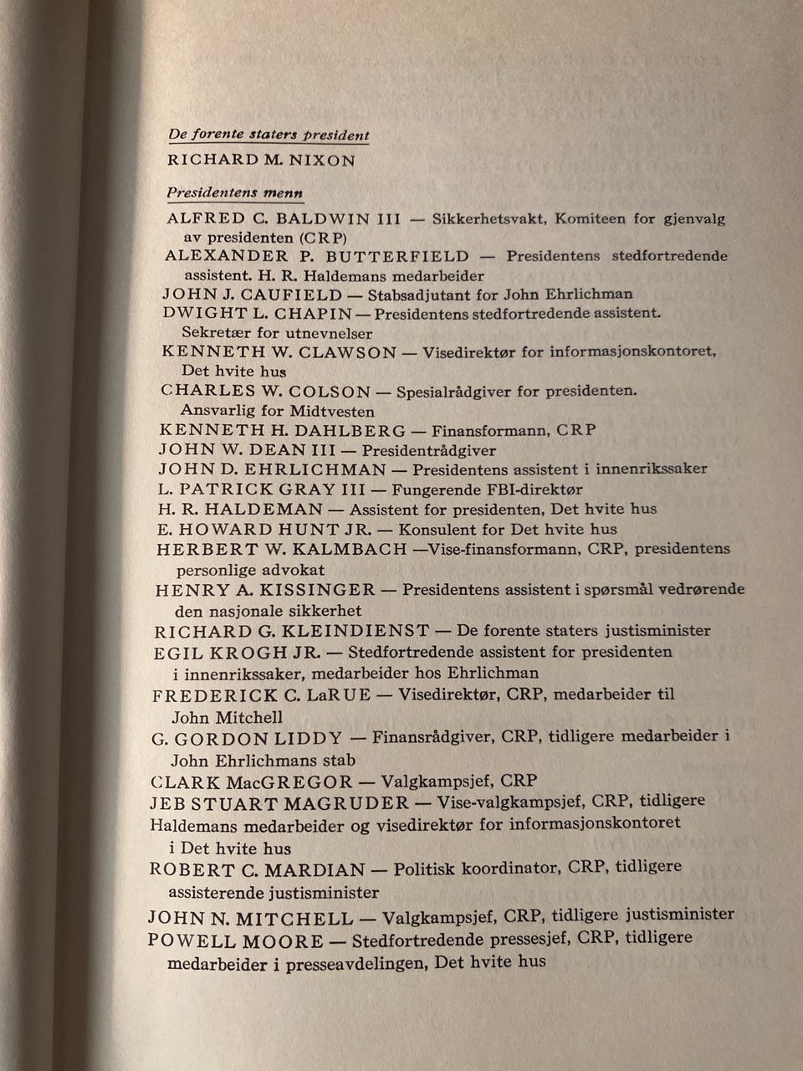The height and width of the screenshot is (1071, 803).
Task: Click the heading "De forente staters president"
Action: point(269,135)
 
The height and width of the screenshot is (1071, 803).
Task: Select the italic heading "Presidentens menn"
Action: point(234,192)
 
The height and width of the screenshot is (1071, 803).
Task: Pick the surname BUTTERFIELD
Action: point(397,256)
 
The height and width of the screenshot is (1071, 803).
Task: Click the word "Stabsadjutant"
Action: point(416,295)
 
